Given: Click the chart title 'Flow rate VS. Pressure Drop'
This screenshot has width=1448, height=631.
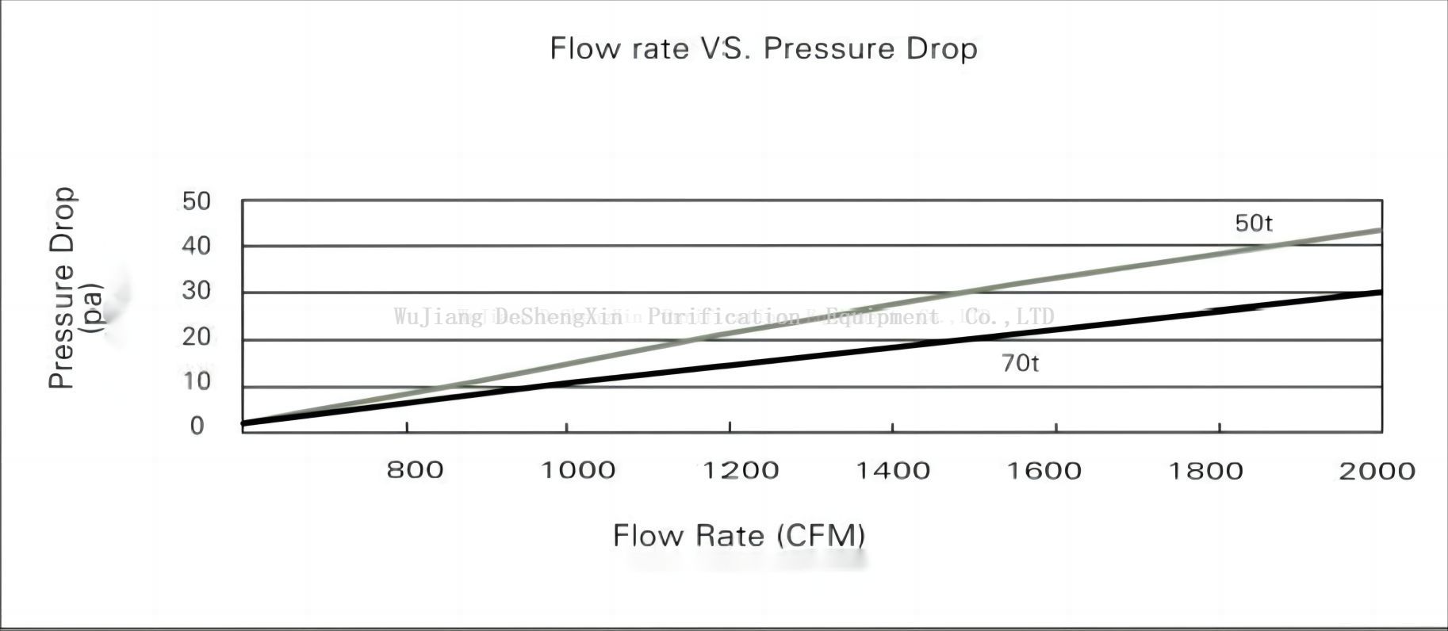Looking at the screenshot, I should click(763, 48).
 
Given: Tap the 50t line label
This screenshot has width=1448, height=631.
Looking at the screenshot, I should click(1253, 223).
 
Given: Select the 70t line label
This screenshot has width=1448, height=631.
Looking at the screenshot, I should click(1020, 363).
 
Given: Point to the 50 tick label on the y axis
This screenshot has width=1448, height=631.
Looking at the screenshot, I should click(197, 201).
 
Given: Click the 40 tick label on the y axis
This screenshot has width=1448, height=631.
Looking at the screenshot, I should click(197, 246).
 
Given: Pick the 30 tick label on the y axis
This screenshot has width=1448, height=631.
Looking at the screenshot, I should click(197, 291).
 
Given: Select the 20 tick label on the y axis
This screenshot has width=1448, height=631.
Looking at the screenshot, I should click(197, 337).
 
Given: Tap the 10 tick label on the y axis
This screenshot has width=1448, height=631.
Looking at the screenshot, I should click(197, 381).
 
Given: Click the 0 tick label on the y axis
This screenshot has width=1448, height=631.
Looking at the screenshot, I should click(197, 426).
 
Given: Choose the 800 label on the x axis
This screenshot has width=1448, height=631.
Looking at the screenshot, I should click(415, 470).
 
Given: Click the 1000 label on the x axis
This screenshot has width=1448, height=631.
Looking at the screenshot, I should click(577, 470).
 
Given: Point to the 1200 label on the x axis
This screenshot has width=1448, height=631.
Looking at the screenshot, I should click(741, 470).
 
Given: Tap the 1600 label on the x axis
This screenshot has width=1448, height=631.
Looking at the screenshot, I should click(1044, 470).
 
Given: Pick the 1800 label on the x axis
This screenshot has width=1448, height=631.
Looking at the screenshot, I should click(1205, 471).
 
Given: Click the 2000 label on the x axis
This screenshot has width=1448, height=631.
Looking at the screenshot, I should click(1377, 471).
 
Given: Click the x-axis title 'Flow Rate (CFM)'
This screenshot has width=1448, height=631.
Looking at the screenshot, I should click(738, 535).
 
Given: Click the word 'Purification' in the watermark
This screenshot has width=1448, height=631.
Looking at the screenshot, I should click(723, 317).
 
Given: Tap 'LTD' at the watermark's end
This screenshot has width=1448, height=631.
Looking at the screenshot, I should click(1035, 316).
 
